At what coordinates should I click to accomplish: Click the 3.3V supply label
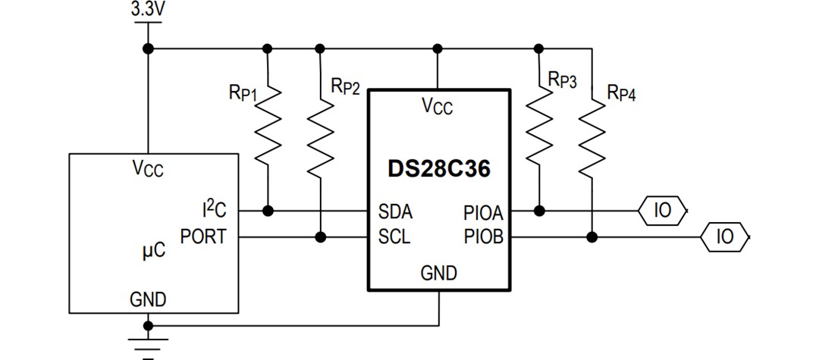148,10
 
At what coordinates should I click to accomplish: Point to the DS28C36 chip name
438,168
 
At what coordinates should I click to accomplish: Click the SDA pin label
395,211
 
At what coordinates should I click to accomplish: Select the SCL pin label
394,237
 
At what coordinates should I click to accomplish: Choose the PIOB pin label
483,237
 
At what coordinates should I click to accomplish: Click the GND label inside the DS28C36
438,273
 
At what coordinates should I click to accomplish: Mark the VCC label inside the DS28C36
437,107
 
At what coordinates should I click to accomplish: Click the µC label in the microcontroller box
154,250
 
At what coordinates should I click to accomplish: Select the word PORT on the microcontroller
203,236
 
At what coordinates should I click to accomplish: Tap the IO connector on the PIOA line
663,210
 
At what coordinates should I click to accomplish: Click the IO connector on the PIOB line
725,237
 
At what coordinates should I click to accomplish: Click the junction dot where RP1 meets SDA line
267,210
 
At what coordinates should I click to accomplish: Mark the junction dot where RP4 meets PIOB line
592,237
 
